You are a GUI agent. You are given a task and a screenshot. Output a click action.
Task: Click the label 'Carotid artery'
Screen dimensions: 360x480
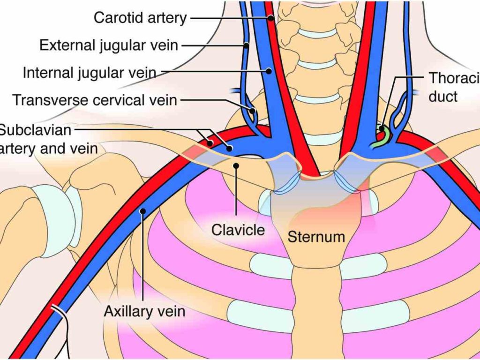point(140,18)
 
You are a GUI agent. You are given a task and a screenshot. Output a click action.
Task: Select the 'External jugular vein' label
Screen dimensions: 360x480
point(109,45)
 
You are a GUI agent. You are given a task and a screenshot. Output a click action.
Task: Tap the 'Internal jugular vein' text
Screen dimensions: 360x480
point(89,73)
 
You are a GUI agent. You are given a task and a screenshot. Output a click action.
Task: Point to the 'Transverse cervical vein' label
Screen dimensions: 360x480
point(95,100)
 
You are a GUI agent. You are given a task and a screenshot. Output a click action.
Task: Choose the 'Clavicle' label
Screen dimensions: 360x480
point(238,230)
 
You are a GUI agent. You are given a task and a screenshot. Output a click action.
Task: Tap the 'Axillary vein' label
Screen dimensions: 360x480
point(144,311)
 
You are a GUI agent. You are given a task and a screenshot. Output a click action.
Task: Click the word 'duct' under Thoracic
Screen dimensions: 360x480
point(442,97)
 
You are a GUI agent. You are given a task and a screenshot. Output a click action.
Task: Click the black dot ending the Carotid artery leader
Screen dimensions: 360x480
point(271,18)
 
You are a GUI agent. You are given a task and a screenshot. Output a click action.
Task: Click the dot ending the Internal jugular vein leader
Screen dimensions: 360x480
point(269,71)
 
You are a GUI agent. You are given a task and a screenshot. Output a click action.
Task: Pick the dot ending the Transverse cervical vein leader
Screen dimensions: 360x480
point(253,112)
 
